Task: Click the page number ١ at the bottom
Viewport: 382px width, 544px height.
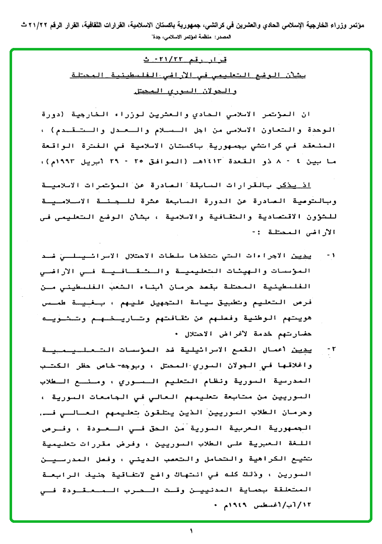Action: click(x=192, y=530)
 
